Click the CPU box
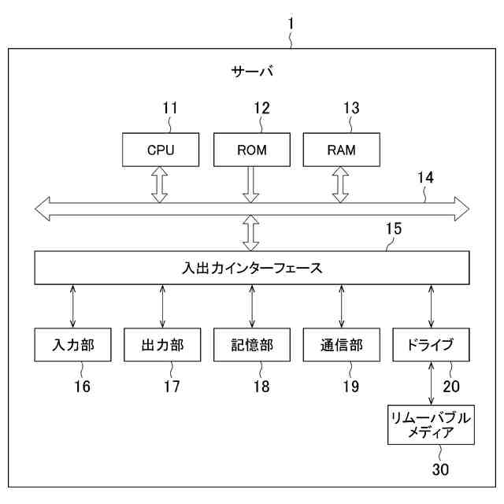tap(161, 150)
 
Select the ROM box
tap(251, 150)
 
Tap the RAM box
tap(341, 150)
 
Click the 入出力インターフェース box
tap(251, 269)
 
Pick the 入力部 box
tap(72, 345)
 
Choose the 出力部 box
tap(162, 345)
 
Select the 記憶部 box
tap(252, 345)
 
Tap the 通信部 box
tap(341, 345)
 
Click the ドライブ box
tap(431, 345)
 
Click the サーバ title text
tap(252, 72)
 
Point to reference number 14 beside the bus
tap(425, 178)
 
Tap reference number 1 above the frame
tap(291, 24)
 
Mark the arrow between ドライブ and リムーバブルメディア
tap(431, 384)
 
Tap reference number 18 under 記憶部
tap(261, 386)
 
